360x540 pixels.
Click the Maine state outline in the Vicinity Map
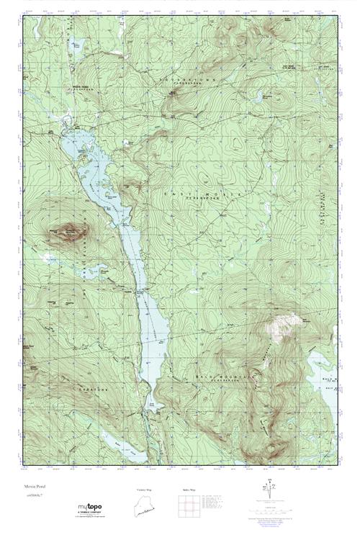click(x=144, y=507)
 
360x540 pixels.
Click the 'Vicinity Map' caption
click(x=144, y=490)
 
